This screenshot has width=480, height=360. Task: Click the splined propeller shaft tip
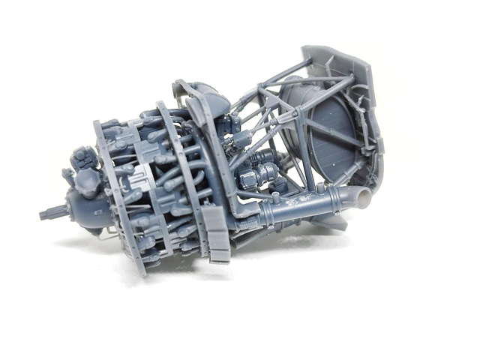click(x=46, y=214)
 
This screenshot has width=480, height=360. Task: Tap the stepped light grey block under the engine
click(x=217, y=236)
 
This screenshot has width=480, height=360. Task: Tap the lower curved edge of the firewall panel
click(x=352, y=217)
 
